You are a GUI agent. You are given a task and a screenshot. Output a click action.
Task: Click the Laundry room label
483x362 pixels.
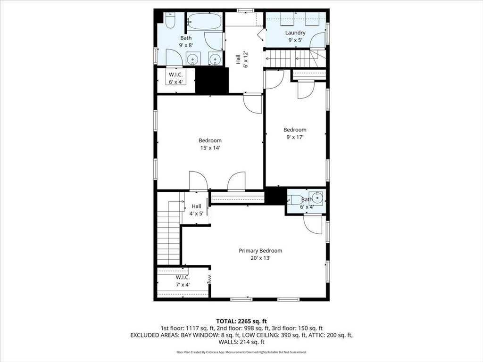click(x=295, y=33)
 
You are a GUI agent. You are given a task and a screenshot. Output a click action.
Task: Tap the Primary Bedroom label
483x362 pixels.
click(x=260, y=251)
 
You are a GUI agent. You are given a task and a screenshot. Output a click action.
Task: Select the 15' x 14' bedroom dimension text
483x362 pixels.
click(x=210, y=148)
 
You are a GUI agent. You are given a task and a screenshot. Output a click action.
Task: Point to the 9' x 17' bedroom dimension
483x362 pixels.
click(x=295, y=137)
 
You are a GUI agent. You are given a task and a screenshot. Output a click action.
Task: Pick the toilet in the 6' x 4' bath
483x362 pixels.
click(x=296, y=199)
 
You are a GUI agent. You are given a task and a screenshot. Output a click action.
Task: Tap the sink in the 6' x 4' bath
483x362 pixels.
click(x=316, y=197)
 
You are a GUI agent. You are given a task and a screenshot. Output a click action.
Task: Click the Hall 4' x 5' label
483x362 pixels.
click(x=196, y=210)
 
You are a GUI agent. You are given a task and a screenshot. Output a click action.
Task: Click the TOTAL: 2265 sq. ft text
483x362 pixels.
click(x=241, y=321)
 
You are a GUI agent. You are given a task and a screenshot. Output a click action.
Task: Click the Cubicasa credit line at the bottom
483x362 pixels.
click(x=241, y=352)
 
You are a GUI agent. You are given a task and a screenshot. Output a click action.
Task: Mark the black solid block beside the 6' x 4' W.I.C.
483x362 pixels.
click(x=212, y=80)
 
